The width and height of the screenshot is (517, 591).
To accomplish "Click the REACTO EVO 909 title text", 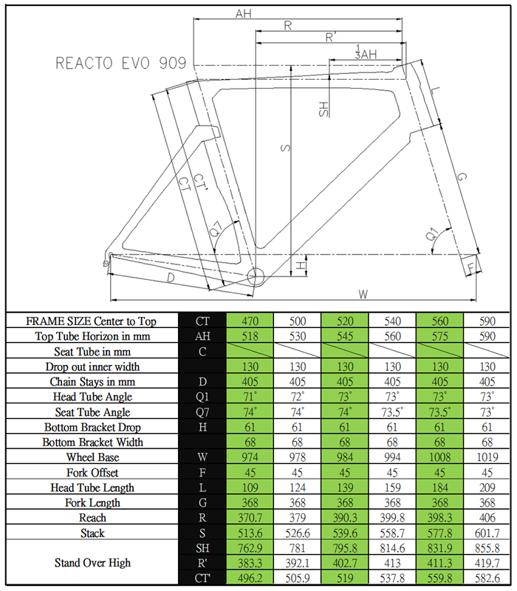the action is [121, 63].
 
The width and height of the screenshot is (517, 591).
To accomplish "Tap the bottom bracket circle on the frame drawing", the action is [256, 276].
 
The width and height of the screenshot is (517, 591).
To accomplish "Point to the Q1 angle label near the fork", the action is [431, 234].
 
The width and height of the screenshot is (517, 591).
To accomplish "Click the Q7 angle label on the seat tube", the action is [215, 229].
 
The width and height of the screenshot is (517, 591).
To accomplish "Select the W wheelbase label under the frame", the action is [363, 294].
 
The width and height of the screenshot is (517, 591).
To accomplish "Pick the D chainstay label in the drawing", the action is [171, 279].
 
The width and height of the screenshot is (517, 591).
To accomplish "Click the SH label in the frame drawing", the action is [323, 109].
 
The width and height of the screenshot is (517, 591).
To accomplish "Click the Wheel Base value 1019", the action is [487, 457].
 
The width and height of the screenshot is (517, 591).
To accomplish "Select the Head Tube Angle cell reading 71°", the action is [250, 397].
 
